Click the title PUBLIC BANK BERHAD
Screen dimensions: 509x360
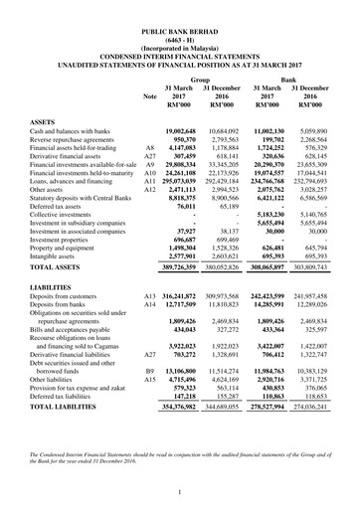coord(180,33)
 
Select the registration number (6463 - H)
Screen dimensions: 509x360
coord(180,42)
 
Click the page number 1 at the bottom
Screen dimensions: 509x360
coord(180,492)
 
